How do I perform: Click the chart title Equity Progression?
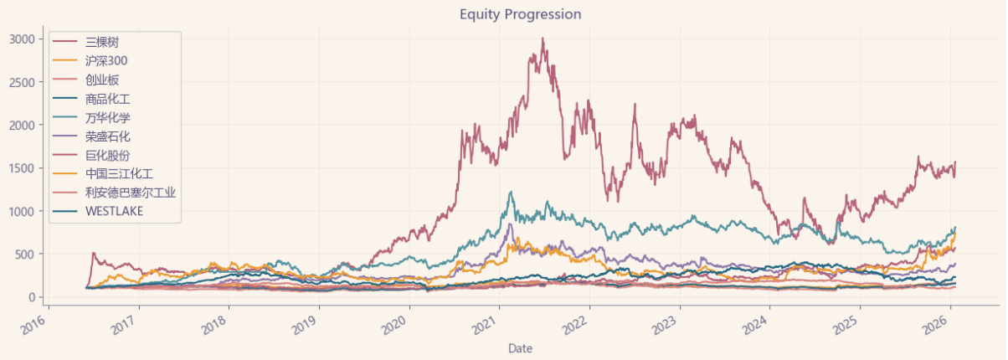point(520,14)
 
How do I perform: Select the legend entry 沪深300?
point(105,61)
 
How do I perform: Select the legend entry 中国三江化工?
point(119,174)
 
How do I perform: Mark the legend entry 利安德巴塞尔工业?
point(131,193)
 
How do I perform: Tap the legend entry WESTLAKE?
point(114,212)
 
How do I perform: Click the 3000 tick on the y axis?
point(22,39)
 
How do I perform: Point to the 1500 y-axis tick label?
point(22,168)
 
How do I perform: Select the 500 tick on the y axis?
point(27,255)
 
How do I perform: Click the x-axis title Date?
point(519,347)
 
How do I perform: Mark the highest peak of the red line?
point(543,39)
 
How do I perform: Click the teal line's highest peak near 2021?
point(512,192)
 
